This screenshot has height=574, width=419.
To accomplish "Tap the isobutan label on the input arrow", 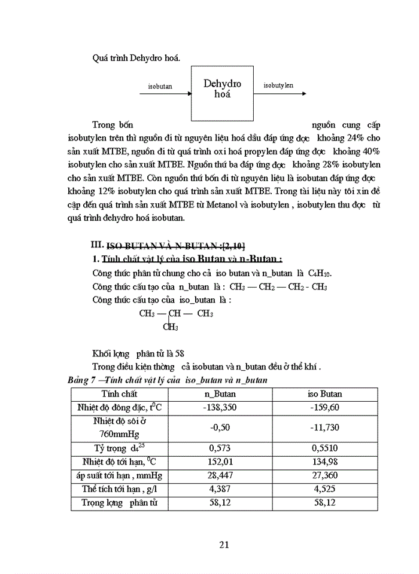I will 160,86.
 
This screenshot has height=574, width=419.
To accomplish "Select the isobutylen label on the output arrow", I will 278,86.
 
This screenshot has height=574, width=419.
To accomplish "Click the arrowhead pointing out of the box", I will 304,93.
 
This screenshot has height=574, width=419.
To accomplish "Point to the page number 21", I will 224,544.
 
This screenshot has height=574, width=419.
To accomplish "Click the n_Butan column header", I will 220,394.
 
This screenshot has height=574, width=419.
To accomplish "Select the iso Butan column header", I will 325,394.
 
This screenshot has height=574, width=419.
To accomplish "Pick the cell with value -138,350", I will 220,407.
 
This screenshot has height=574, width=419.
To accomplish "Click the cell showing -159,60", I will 325,407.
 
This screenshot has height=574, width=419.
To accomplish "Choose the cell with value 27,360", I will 325,475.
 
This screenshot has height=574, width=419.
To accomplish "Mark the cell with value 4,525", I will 325,489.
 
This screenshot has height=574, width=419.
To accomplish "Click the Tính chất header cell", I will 119,394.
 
